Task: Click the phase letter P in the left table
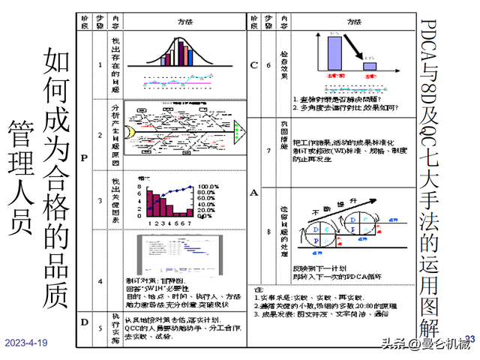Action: (x=82, y=158)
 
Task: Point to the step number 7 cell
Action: (x=268, y=150)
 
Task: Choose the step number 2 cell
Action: (x=100, y=134)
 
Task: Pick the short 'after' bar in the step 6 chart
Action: (x=369, y=67)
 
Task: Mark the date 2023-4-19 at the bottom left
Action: (x=26, y=342)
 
